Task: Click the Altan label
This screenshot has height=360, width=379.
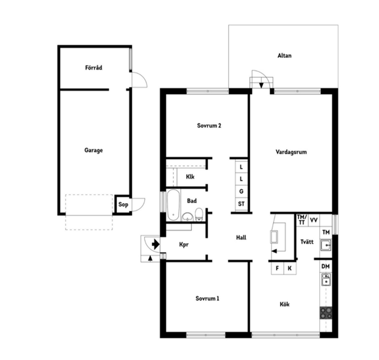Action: coord(284,56)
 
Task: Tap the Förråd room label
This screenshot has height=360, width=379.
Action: coord(94,67)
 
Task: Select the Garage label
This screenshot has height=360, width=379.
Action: coord(94,150)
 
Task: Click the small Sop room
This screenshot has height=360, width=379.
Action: coord(123,204)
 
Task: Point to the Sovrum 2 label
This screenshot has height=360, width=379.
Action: coord(209,126)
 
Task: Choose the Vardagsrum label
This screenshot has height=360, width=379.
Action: coord(291,152)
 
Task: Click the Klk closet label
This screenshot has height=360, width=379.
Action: coord(190,177)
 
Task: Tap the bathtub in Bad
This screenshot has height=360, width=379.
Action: coord(173,205)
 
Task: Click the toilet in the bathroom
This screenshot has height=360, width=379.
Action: coord(199,214)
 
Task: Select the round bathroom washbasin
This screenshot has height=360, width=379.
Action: coord(187,217)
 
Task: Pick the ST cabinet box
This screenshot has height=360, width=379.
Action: coord(241,204)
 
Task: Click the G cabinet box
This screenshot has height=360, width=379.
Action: coord(241,191)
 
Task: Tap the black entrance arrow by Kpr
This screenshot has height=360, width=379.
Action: coord(155,244)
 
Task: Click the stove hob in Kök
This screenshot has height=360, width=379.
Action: coord(326,313)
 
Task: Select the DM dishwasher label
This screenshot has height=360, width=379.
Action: coord(326,267)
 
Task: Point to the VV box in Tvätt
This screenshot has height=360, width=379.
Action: coord(314,220)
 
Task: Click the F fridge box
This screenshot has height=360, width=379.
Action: coord(278,268)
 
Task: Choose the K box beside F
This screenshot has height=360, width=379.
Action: coord(290,268)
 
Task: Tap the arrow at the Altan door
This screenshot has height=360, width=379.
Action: coord(261,85)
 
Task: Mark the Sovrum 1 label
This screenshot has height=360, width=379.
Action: coord(207,298)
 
